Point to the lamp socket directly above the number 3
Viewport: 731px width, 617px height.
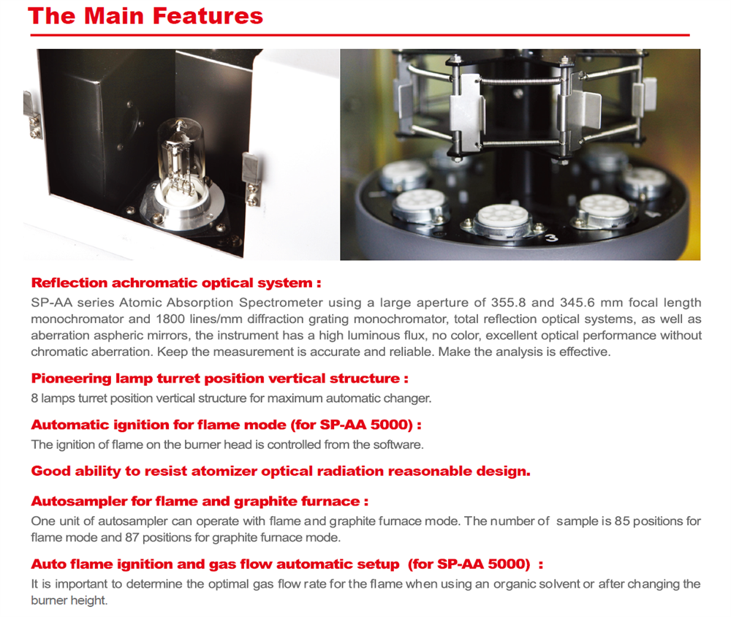pos(505,218)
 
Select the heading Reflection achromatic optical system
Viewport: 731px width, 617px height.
pos(176,283)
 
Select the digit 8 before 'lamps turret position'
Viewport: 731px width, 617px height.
pos(34,398)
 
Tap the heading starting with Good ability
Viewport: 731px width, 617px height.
pos(280,472)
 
